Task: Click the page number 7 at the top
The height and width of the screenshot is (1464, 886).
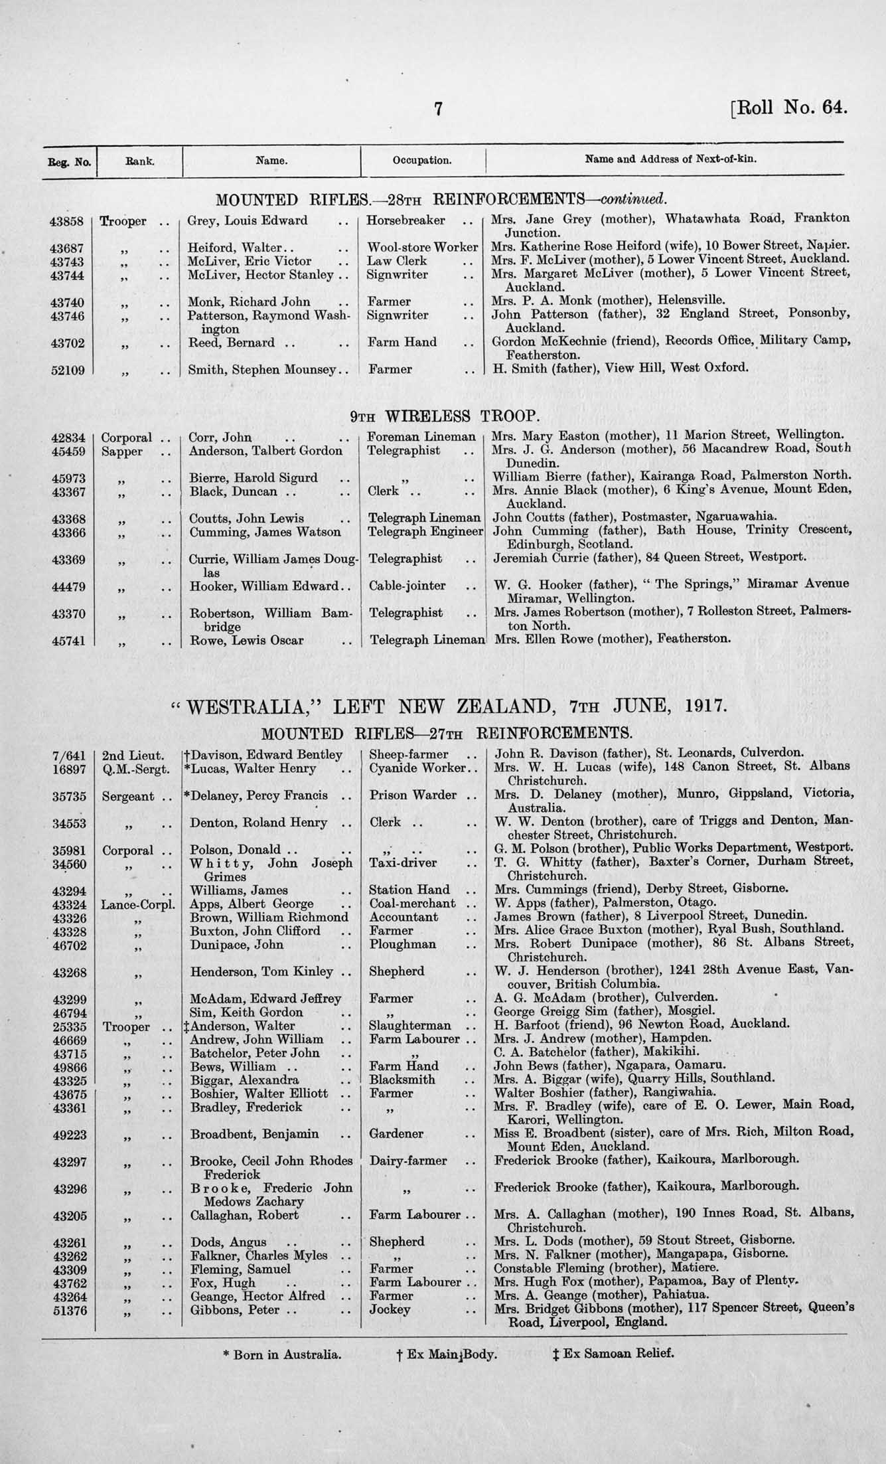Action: pos(438,108)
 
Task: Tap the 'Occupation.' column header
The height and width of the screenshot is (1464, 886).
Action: pos(422,160)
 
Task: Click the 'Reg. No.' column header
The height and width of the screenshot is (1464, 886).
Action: pos(69,161)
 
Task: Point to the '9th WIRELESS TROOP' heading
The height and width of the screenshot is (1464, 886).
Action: pos(443,416)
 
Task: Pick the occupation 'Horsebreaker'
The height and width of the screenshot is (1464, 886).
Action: pos(406,220)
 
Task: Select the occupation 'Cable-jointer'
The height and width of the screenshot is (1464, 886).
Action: pos(407,586)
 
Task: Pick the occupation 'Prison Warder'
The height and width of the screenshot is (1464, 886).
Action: pos(412,795)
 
